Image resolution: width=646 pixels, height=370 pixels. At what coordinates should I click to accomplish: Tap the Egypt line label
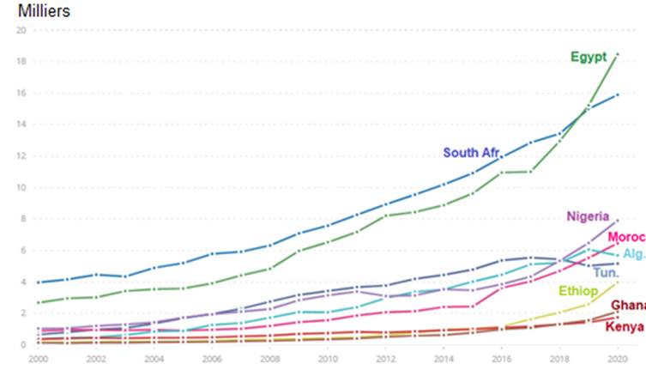[589, 58]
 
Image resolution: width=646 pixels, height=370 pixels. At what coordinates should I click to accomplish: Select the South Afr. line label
[471, 153]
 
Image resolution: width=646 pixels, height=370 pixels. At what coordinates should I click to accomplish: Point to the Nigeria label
[588, 216]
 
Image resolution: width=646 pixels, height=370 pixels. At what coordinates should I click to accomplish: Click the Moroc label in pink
[625, 237]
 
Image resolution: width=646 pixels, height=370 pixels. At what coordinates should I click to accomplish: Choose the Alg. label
[633, 254]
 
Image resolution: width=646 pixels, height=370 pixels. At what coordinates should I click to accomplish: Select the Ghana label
[628, 306]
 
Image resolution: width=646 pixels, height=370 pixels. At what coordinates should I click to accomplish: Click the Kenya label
[625, 326]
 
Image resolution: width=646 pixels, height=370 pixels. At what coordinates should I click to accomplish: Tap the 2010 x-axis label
[326, 357]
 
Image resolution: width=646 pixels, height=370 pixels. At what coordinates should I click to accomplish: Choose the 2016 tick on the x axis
[500, 357]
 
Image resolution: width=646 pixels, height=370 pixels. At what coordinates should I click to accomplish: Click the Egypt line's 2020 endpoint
[617, 55]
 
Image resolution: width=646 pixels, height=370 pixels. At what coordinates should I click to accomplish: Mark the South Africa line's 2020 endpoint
[617, 94]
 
